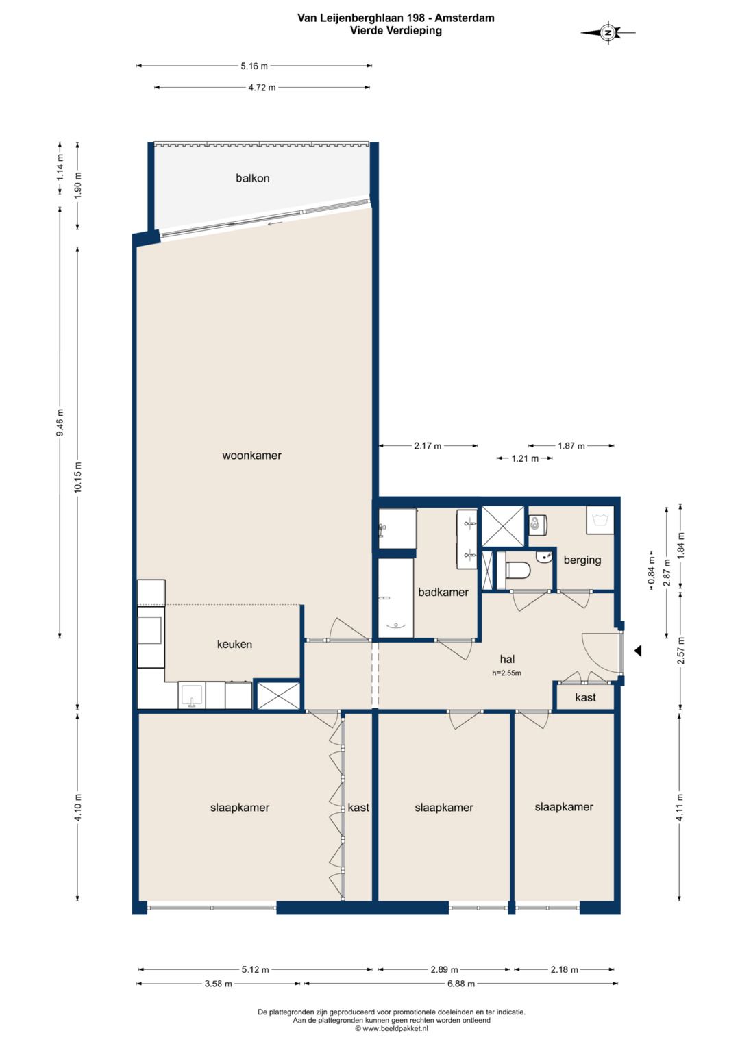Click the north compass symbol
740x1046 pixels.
[x=608, y=33]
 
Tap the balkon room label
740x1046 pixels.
[x=252, y=178]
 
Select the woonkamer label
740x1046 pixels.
[x=252, y=456]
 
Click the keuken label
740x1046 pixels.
[x=234, y=644]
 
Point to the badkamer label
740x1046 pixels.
[x=443, y=592]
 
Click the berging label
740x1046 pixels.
[x=582, y=560]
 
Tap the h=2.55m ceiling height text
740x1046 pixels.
[x=507, y=673]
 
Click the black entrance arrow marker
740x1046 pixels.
[x=638, y=651]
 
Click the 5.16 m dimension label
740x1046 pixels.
[x=254, y=66]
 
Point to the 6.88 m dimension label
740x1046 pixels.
[x=461, y=984]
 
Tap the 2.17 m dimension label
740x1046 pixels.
[x=428, y=446]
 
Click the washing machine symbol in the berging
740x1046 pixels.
[x=600, y=520]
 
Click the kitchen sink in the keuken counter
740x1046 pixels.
[x=192, y=696]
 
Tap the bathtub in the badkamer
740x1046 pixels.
[x=396, y=598]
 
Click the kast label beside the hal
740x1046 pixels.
[x=585, y=697]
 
